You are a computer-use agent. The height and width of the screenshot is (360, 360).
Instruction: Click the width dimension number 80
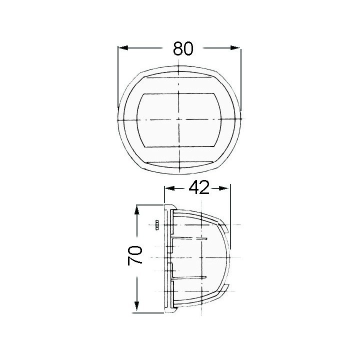tap(183, 48)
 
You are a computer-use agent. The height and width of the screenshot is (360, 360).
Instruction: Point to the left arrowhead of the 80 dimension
tap(122, 48)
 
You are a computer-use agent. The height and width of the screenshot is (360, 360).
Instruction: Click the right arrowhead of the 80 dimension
tap(235, 48)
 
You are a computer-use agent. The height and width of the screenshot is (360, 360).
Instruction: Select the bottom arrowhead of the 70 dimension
tap(136, 307)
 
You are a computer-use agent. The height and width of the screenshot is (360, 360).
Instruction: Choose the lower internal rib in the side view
tap(190, 276)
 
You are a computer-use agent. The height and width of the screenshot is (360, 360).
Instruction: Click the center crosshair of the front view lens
tap(179, 119)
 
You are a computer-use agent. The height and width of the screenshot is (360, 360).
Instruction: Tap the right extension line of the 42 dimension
tap(230, 215)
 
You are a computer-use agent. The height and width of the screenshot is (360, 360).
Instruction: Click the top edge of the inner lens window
tap(179, 93)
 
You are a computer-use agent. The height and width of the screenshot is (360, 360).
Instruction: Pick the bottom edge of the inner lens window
tap(179, 146)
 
